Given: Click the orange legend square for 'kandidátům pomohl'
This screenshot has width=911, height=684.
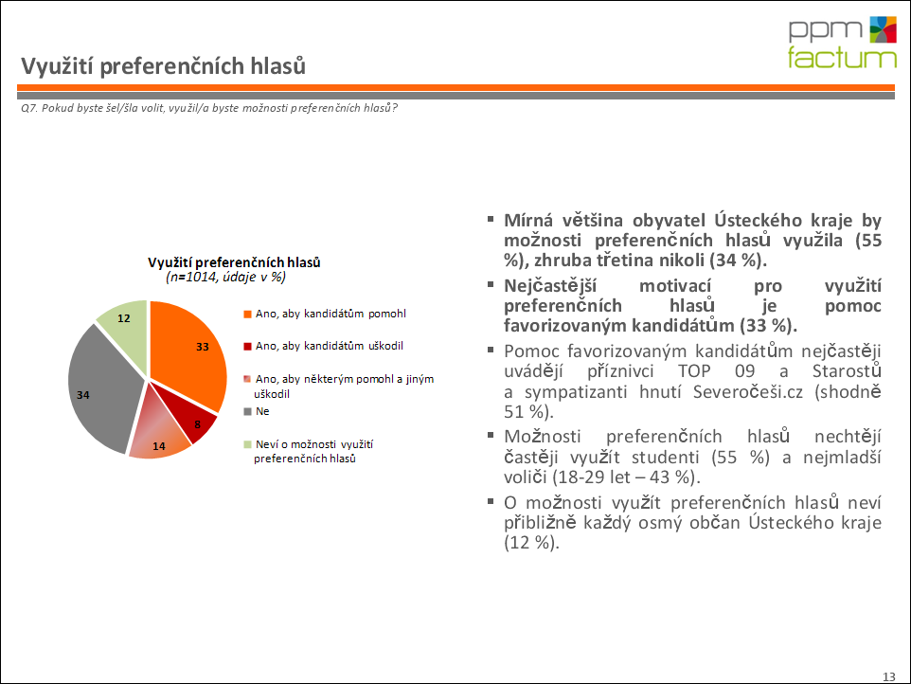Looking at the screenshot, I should [x=248, y=314].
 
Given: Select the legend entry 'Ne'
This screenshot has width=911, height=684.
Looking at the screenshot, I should [x=261, y=412].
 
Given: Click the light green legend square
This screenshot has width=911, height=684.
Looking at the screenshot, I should [x=248, y=444].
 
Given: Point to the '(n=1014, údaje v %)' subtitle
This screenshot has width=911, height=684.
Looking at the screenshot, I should [x=225, y=278].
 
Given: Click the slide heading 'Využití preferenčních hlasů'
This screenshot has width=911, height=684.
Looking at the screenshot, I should [x=164, y=66].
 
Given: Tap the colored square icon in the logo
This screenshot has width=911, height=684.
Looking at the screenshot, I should [x=882, y=29].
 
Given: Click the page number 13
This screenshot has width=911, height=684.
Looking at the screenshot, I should [x=888, y=675].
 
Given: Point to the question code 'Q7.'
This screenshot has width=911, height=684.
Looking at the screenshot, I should [x=29, y=107].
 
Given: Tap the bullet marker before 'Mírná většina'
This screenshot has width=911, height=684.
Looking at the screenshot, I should [x=491, y=219].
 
